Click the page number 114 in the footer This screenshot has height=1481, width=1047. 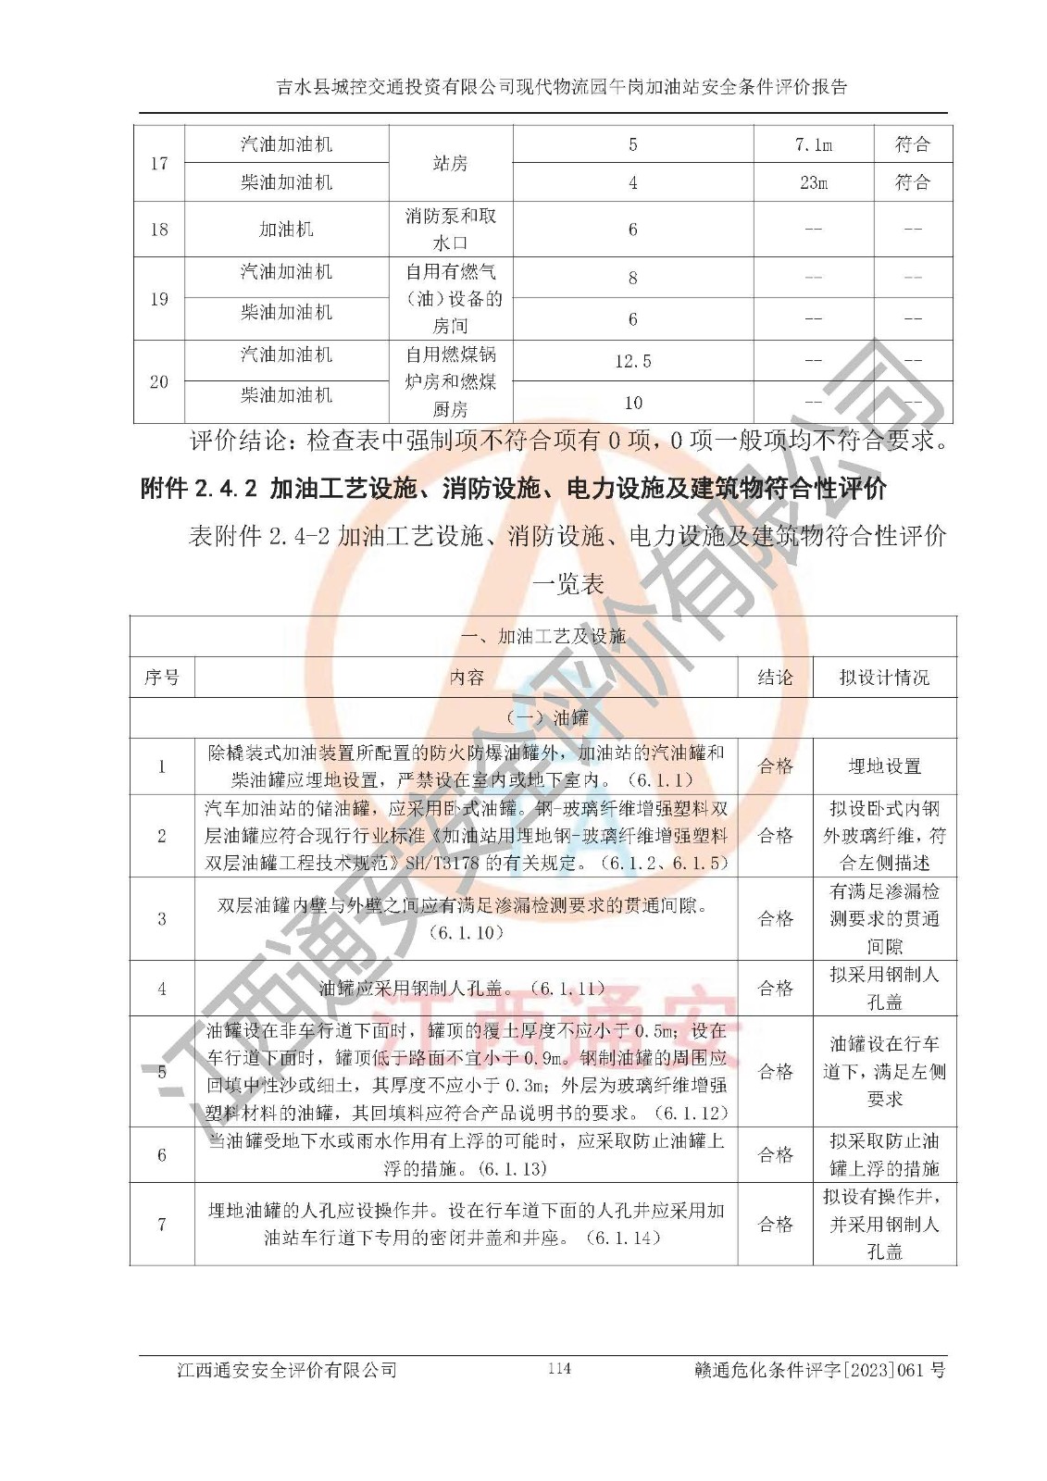(559, 1369)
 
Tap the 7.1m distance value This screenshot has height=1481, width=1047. (813, 144)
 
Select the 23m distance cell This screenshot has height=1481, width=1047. (813, 182)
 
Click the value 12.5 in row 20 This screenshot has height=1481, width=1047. (632, 361)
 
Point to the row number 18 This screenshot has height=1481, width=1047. (159, 229)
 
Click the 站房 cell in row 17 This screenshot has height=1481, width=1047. (450, 163)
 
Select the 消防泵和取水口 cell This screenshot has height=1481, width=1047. (450, 229)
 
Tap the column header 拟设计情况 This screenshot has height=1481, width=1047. (884, 678)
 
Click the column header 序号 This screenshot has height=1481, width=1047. (162, 678)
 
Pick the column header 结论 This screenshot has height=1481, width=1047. (775, 678)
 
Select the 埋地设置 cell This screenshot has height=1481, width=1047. (884, 766)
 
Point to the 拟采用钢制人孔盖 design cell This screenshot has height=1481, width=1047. (884, 988)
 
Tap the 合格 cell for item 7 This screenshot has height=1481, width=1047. (775, 1224)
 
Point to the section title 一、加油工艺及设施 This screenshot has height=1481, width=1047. (543, 637)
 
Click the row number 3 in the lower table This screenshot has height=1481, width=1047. (162, 918)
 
